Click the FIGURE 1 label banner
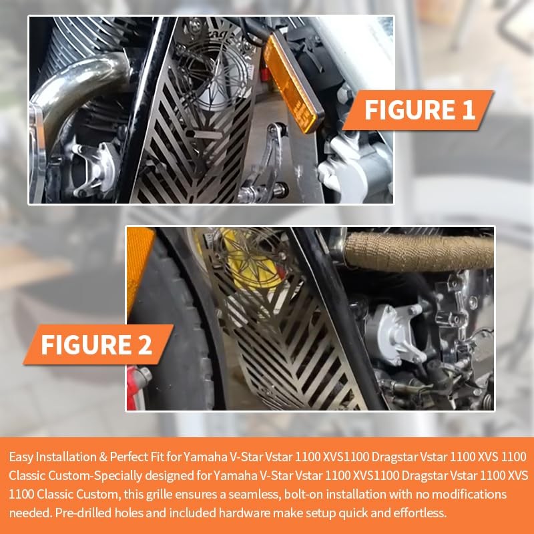pyautogui.click(x=419, y=110)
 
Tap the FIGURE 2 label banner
pyautogui.click(x=98, y=344)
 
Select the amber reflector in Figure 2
pyautogui.click(x=139, y=269)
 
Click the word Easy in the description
pyautogui.click(x=21, y=457)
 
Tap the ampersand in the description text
pyautogui.click(x=103, y=457)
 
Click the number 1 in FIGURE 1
pyautogui.click(x=469, y=109)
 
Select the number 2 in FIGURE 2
pyautogui.click(x=144, y=344)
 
